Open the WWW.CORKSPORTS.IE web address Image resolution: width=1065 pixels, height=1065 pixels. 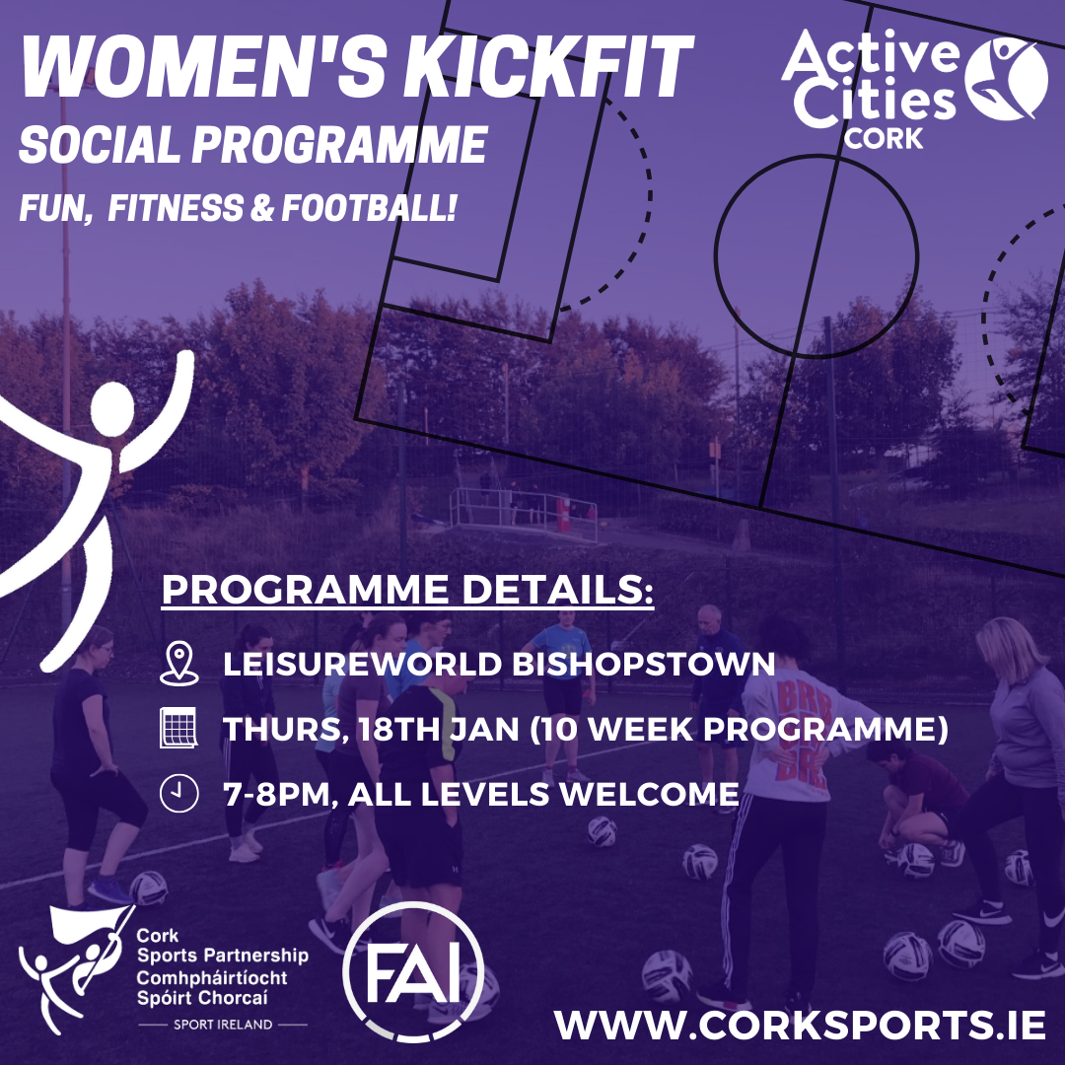coord(799,1025)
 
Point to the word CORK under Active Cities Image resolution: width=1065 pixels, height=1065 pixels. coord(884,137)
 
